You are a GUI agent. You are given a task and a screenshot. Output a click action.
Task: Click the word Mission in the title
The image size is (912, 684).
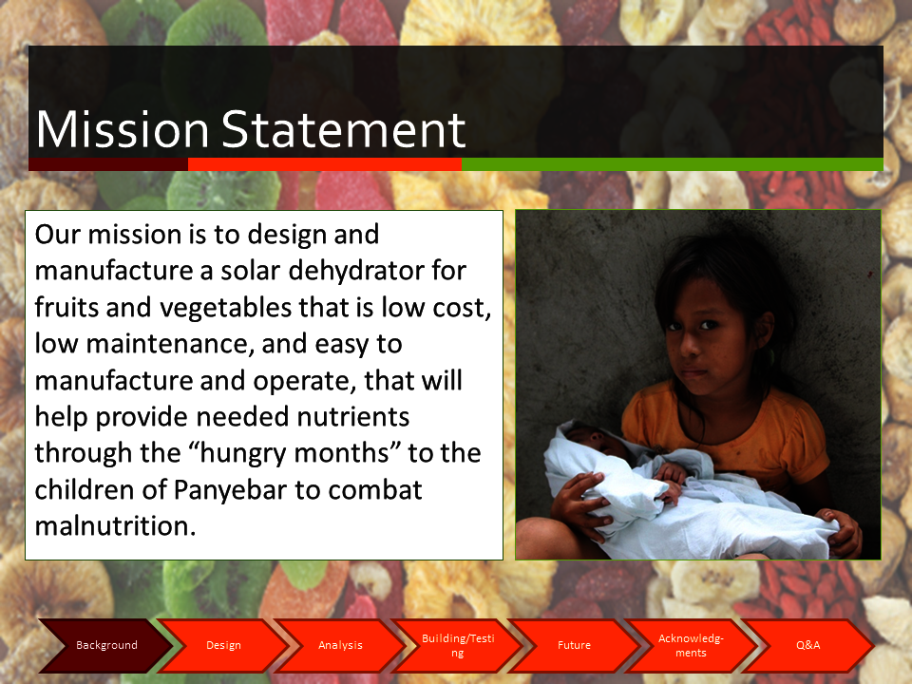coord(123,129)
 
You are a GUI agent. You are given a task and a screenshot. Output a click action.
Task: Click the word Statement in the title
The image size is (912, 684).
coord(344,129)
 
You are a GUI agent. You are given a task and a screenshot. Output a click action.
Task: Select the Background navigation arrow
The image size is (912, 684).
coord(106,645)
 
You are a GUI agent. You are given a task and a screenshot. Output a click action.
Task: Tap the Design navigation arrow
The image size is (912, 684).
coord(223,645)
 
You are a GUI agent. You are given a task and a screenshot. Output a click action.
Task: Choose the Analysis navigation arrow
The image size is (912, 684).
coord(340,645)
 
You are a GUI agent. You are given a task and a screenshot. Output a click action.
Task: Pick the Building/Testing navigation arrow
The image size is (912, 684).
coord(458,645)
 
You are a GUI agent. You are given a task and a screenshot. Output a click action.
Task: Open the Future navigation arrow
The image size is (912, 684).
coord(574,645)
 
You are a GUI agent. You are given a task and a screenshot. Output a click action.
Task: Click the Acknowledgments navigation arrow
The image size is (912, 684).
coord(691,645)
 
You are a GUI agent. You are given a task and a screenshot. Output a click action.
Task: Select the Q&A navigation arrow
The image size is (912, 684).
coord(807,645)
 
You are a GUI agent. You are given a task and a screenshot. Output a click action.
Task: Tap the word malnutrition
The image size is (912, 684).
coord(115,525)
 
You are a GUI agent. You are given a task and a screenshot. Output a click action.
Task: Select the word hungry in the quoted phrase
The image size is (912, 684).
coord(242,454)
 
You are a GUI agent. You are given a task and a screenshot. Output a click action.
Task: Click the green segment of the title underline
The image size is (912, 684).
coord(673,164)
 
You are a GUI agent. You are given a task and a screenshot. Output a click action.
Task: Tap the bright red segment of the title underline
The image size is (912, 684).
coord(325,164)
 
